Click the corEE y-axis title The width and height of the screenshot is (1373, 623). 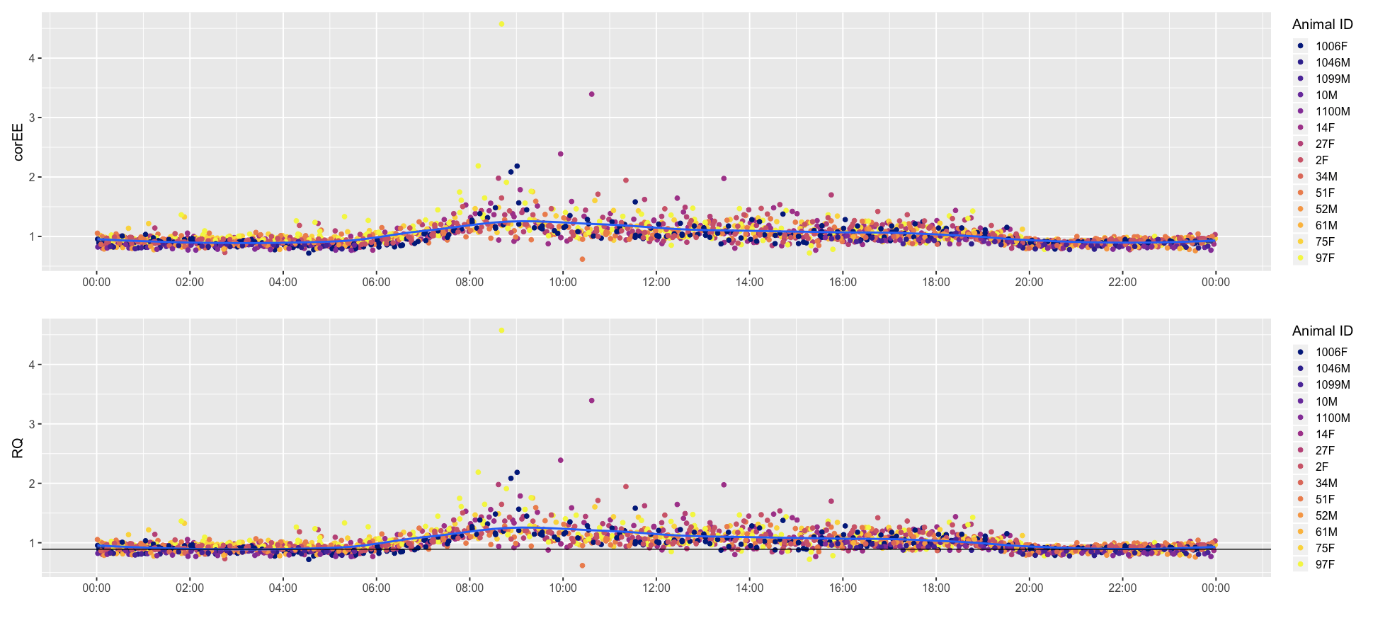click(18, 141)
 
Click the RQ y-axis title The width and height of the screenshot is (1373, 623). click(18, 447)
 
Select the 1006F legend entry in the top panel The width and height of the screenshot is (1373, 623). click(1331, 46)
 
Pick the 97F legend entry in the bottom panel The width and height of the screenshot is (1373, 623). click(1325, 564)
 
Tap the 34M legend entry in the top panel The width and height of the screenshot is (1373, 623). click(1326, 176)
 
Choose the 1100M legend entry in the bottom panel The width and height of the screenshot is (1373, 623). click(1333, 418)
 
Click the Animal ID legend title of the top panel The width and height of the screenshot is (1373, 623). click(1322, 24)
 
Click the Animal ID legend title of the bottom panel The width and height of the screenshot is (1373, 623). click(1322, 331)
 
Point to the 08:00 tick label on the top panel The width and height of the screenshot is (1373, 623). click(469, 282)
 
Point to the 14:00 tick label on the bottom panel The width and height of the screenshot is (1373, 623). click(749, 588)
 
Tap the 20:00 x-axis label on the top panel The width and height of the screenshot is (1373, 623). click(1029, 282)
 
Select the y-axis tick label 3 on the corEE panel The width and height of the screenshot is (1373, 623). click(31, 118)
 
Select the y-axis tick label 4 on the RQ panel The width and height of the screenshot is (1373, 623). click(31, 365)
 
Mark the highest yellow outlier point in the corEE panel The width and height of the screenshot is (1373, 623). click(501, 24)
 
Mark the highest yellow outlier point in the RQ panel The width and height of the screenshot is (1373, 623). click(501, 331)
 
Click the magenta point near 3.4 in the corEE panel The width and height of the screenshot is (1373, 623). click(592, 94)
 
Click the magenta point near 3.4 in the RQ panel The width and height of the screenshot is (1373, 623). click(592, 401)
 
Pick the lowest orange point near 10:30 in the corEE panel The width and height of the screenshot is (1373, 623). click(582, 259)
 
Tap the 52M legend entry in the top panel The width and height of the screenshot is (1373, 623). click(1326, 209)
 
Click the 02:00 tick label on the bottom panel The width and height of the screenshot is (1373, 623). click(190, 588)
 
